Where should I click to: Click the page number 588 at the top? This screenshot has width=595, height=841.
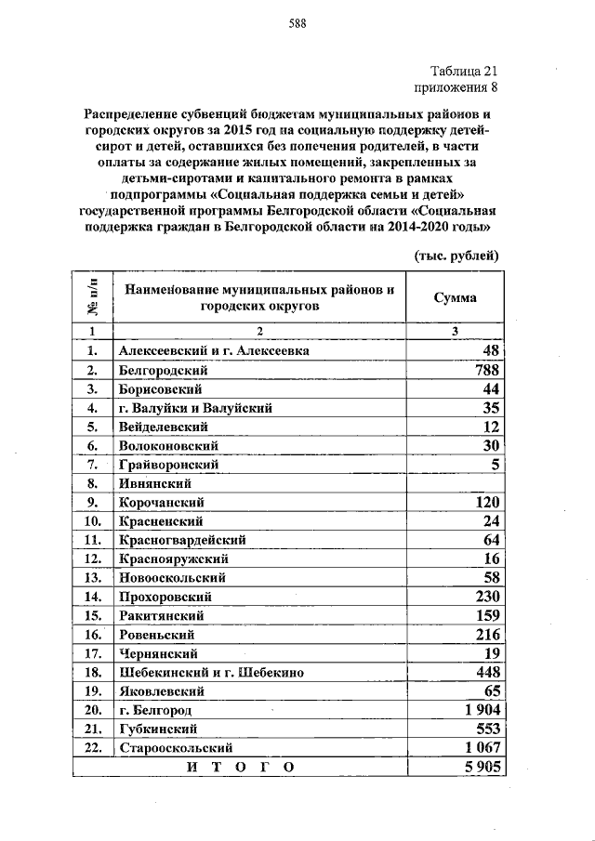pos(297,23)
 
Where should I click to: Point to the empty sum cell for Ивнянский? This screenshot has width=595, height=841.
pos(456,483)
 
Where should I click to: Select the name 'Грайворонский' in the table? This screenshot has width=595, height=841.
pos(169,464)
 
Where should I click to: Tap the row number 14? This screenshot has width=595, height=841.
pos(92,597)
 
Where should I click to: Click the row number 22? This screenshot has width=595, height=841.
pos(92,747)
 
